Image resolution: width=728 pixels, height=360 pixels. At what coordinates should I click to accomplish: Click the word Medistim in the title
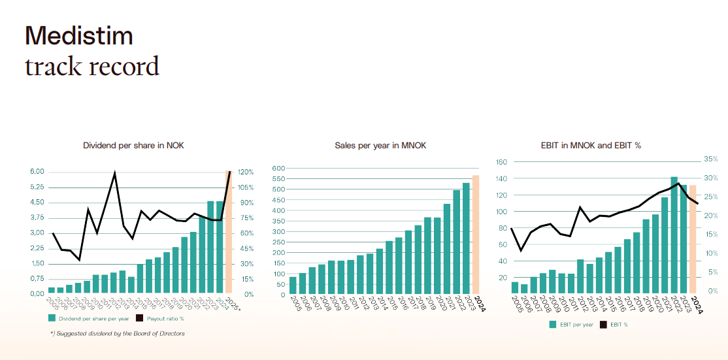coord(78,35)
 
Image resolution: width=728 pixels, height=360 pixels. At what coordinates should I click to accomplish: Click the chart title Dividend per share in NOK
coord(133,145)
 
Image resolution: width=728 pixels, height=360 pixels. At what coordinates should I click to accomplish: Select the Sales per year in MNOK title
coord(380,145)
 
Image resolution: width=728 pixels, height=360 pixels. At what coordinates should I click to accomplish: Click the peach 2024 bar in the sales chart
coord(476,235)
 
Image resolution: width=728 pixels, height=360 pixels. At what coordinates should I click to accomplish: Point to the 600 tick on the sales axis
coord(279,169)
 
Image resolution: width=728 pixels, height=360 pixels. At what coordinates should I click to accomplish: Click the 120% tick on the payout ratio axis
coord(246,172)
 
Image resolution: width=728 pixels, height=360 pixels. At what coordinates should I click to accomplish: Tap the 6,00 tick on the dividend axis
coord(37,172)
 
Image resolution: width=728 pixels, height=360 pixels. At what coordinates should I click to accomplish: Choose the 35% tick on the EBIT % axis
coord(711,159)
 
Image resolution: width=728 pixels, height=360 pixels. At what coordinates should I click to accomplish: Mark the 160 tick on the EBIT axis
coord(502,162)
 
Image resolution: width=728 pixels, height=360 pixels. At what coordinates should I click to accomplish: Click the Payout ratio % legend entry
coord(164,319)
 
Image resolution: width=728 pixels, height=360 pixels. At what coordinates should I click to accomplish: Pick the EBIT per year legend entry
coord(575,324)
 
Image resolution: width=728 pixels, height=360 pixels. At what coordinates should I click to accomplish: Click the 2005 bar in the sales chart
coord(293,286)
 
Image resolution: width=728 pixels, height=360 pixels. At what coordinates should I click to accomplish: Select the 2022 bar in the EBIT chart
coord(674,234)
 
